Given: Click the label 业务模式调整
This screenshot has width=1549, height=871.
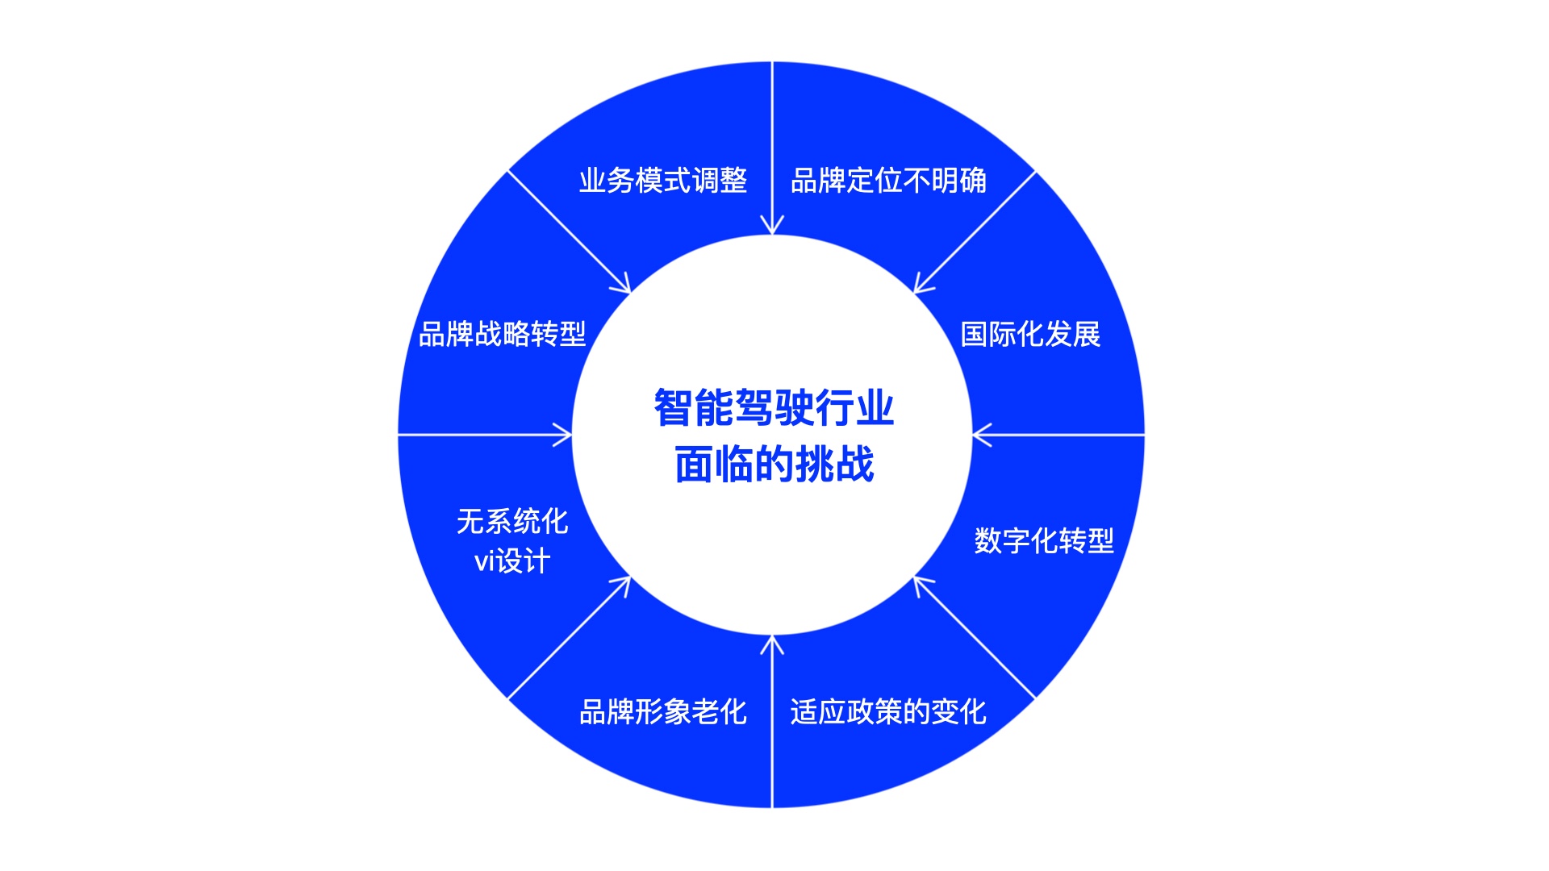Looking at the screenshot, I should (663, 181).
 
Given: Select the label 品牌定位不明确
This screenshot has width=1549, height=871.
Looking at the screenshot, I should (888, 181).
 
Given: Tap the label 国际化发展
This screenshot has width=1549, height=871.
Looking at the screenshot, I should (1030, 334).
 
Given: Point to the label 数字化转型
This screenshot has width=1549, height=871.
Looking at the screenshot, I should (1044, 540).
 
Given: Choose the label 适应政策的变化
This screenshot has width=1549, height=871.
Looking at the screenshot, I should (888, 712).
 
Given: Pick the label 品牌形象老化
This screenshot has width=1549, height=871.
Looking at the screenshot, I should (663, 712).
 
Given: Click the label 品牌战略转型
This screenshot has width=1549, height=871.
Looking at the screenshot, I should (502, 334).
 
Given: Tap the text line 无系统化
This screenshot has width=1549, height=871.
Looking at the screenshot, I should (512, 522).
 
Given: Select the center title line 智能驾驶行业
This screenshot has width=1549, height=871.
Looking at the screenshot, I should (774, 408).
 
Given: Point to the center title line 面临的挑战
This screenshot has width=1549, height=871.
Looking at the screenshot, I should (774, 465).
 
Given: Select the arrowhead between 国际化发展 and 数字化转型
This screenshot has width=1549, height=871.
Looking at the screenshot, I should (979, 435).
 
